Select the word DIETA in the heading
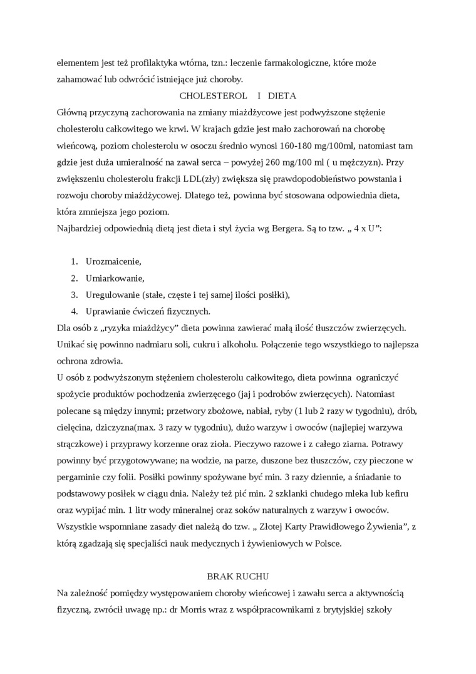coord(282,97)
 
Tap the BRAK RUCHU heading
coord(237,575)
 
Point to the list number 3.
coord(73,294)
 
